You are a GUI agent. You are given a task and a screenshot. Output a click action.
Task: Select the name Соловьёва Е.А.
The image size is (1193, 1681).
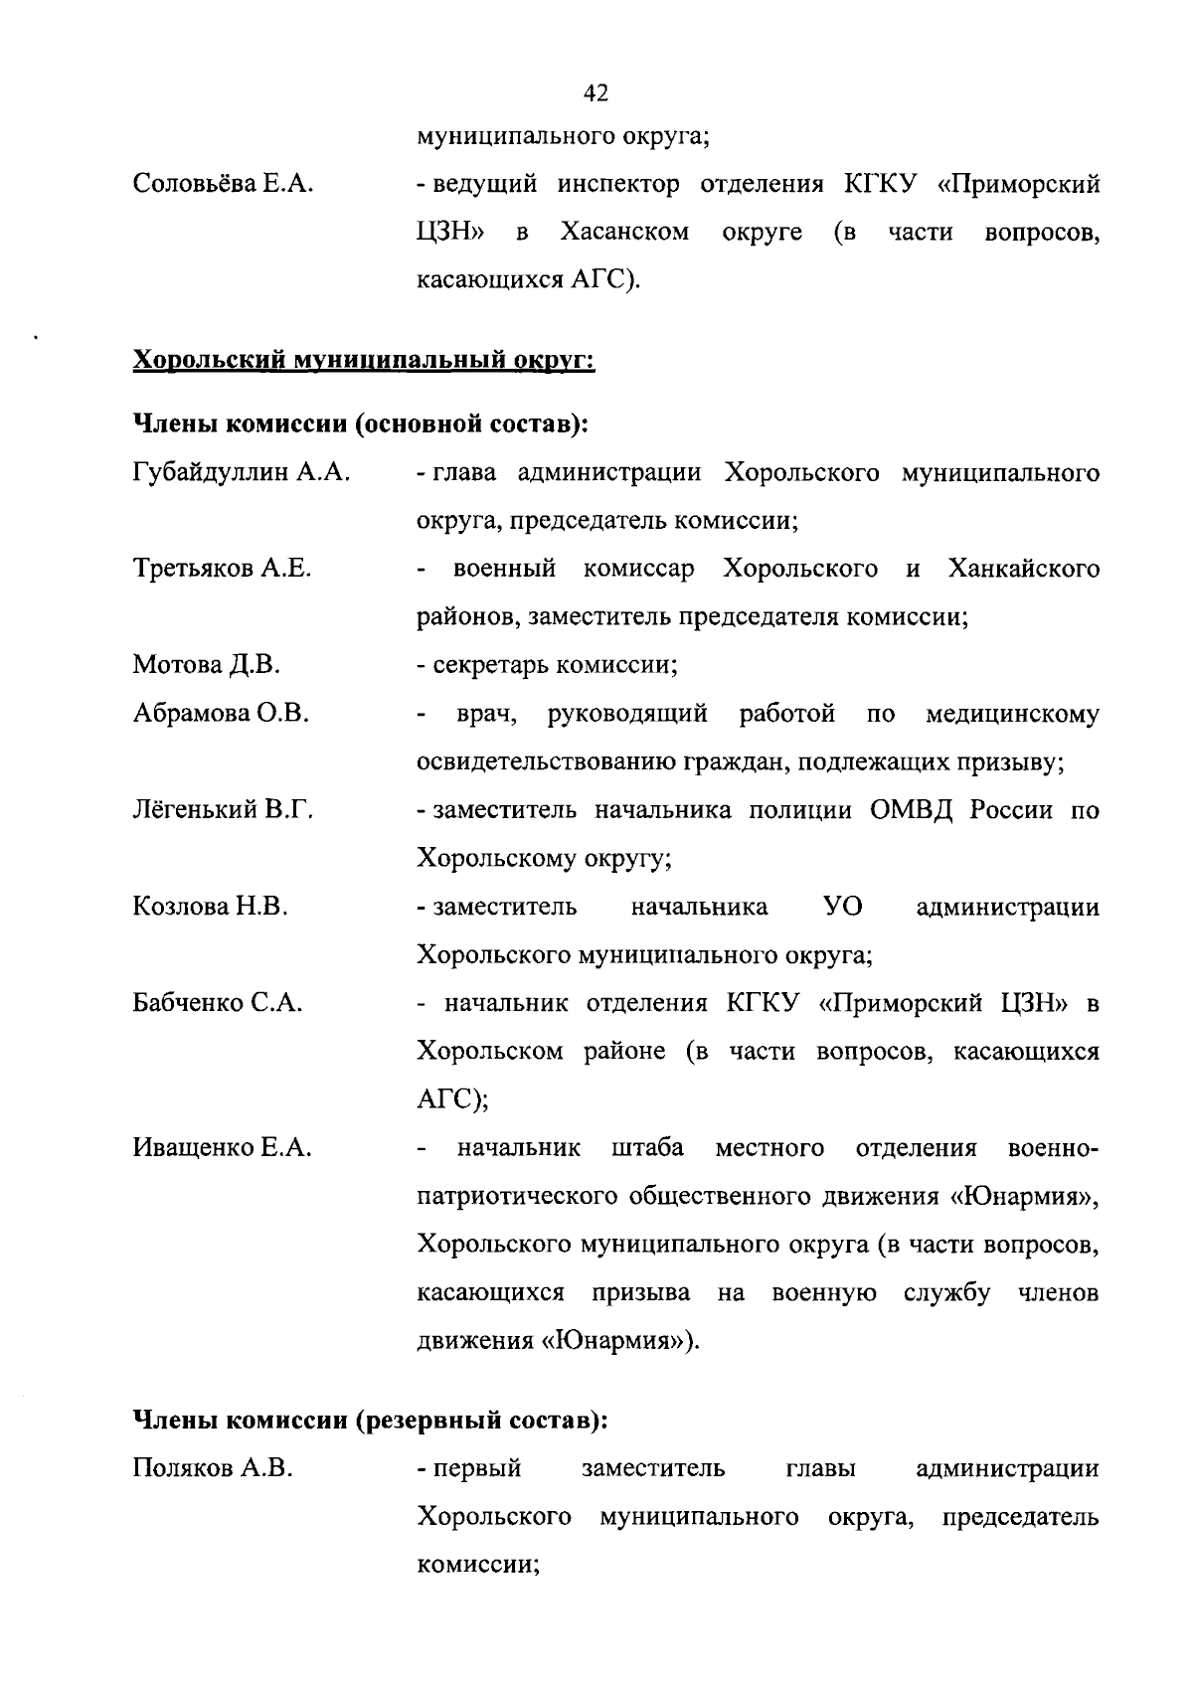click(x=224, y=184)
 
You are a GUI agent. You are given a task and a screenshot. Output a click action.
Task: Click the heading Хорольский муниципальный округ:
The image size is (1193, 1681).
click(x=364, y=359)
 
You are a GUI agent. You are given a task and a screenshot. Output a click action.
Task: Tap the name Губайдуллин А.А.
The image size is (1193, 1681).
click(x=241, y=472)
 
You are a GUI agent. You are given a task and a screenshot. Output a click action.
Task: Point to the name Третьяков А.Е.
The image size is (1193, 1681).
click(x=222, y=569)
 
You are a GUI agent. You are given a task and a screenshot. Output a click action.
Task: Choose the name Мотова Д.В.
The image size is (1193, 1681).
click(x=207, y=665)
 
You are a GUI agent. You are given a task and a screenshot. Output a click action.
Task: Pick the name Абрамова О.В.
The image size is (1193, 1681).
click(x=221, y=714)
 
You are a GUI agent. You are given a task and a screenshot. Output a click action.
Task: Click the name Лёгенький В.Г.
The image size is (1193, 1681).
click(x=224, y=810)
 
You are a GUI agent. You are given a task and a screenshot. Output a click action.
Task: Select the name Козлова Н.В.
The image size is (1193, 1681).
click(x=211, y=907)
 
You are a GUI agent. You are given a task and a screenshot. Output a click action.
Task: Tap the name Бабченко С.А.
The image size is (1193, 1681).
click(x=218, y=1003)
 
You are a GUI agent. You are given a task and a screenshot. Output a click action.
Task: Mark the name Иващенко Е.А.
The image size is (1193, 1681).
click(x=223, y=1148)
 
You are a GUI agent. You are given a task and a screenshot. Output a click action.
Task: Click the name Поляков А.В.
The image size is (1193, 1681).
click(x=213, y=1468)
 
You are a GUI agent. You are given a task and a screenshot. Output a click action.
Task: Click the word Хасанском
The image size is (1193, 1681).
click(x=624, y=233)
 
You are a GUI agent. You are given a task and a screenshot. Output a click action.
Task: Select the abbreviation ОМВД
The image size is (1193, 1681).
click(x=911, y=810)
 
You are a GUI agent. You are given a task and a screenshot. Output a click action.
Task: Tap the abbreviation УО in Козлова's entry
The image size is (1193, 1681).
click(x=843, y=907)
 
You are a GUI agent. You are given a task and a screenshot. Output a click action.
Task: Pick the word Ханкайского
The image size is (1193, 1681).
click(x=1023, y=569)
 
